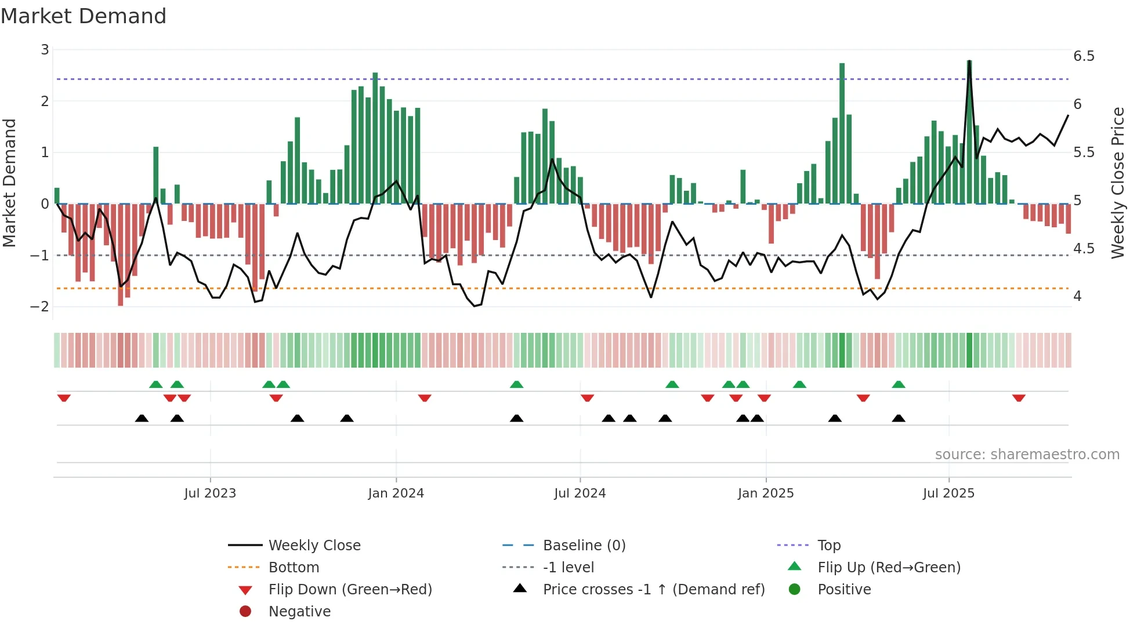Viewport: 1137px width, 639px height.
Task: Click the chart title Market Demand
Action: coord(84,16)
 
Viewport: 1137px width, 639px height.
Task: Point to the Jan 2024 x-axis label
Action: coord(396,493)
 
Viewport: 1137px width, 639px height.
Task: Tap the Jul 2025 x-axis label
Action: coord(948,493)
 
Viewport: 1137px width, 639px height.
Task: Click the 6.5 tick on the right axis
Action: coord(1084,56)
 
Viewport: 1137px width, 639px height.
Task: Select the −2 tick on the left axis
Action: coord(39,306)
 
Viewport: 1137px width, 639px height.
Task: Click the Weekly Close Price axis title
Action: coord(1117,183)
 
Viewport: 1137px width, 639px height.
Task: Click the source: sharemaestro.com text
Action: coord(1027,455)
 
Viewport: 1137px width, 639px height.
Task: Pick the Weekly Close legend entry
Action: coord(314,546)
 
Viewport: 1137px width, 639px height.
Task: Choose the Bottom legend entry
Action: coord(294,568)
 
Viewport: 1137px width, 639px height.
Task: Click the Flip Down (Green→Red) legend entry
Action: coord(350,590)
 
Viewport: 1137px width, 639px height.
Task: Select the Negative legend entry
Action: coord(299,612)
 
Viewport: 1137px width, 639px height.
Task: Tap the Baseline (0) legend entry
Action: coord(584,546)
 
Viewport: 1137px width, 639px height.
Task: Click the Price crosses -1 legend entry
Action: coord(653,590)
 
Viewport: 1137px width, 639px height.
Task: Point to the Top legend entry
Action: coord(828,546)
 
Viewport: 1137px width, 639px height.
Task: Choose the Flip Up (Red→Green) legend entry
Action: coord(889,568)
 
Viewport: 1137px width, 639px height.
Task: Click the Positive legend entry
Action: coord(844,590)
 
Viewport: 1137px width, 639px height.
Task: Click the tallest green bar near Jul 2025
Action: coord(969,133)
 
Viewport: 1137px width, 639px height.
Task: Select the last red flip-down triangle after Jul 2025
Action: coord(1019,398)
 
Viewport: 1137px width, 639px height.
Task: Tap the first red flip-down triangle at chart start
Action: coord(64,398)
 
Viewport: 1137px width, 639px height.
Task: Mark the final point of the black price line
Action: coord(1068,115)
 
